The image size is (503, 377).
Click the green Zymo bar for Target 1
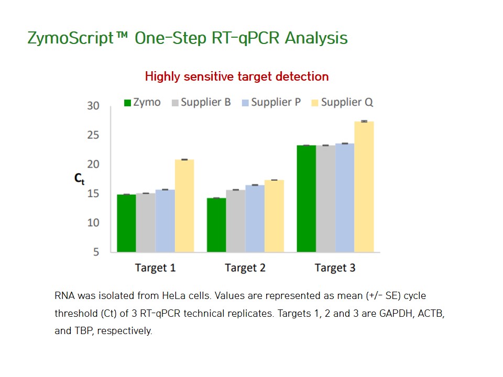click(x=126, y=223)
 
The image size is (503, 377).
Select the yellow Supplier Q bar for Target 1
click(x=184, y=206)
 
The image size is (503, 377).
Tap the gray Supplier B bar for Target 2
click(x=236, y=221)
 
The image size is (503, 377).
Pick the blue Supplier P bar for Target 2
click(x=255, y=219)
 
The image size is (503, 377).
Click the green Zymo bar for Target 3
click(x=307, y=199)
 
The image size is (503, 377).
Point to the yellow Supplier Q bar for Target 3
click(x=364, y=187)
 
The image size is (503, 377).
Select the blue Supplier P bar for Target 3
click(x=345, y=198)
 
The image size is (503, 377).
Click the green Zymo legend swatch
click(x=128, y=103)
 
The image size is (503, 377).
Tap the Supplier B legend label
click(x=205, y=102)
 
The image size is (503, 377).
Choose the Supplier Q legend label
click(x=347, y=102)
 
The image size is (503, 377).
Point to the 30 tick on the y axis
click(x=93, y=106)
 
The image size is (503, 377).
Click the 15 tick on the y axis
click(x=93, y=194)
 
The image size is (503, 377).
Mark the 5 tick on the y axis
click(x=96, y=252)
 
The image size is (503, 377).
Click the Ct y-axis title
click(x=79, y=179)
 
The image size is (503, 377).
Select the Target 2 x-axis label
click(x=245, y=268)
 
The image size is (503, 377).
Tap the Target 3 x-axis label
click(x=335, y=268)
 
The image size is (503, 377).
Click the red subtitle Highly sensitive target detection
click(x=237, y=76)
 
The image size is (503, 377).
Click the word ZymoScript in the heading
click(x=71, y=38)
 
